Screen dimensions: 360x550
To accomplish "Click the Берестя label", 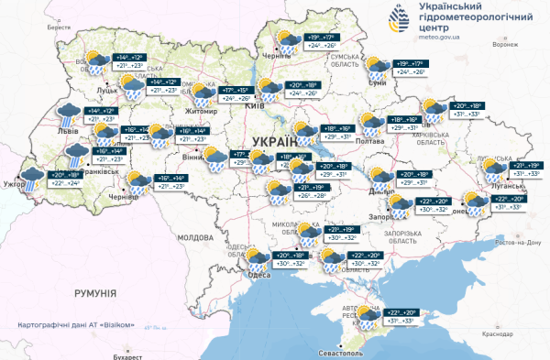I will pyautogui.click(x=59, y=28).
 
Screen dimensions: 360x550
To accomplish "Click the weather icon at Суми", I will pyautogui.click(x=377, y=70).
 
